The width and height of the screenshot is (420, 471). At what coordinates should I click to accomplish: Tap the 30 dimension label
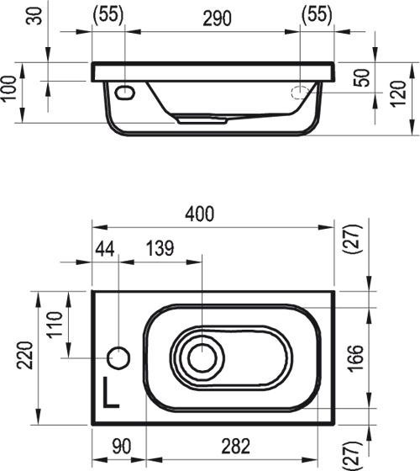click(34, 16)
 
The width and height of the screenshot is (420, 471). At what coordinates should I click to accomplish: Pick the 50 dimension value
click(362, 78)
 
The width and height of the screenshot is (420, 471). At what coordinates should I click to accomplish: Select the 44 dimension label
click(105, 249)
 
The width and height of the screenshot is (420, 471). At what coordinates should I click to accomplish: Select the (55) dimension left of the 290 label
click(108, 16)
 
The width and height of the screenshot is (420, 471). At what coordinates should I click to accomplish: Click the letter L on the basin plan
click(111, 393)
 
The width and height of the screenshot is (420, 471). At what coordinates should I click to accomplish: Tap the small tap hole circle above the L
click(118, 357)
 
